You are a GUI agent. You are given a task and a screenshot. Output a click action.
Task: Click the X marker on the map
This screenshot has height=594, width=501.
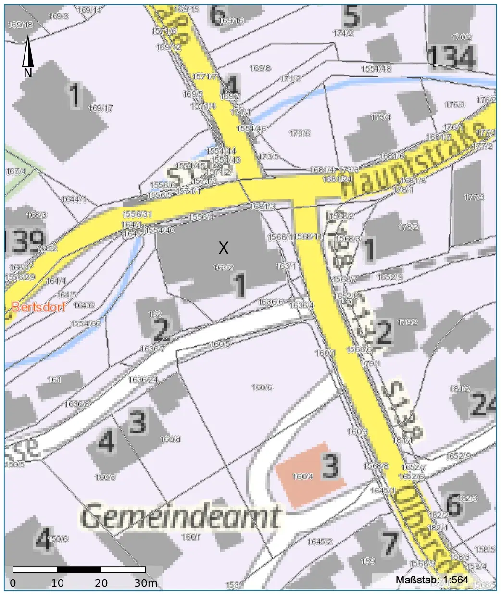coord(224,248)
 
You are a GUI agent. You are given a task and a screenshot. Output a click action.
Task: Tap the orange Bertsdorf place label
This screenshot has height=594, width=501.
coord(38,307)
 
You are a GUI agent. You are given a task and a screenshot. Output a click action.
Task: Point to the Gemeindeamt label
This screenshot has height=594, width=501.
coord(180,517)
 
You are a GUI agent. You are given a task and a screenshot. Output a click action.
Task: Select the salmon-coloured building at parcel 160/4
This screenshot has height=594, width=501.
coord(310,474)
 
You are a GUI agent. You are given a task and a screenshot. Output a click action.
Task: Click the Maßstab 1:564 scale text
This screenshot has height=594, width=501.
coord(432,580)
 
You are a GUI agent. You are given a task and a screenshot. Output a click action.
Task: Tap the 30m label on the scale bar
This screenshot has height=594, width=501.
coord(146,583)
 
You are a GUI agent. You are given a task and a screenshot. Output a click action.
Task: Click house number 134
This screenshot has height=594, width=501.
coord(451,57)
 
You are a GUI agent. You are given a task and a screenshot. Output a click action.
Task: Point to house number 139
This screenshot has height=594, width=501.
coord(24,241)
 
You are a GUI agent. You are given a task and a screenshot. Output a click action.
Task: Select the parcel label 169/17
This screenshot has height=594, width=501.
coord(101,108)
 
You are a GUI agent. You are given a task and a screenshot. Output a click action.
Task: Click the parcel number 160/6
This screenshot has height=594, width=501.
coord(262,387)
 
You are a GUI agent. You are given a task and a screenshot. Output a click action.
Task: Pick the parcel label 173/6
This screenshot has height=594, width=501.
coord(300,133)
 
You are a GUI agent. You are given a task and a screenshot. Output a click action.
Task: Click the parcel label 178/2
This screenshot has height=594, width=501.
coord(408,227)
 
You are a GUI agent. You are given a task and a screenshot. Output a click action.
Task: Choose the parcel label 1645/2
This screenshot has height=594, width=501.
coord(320,542)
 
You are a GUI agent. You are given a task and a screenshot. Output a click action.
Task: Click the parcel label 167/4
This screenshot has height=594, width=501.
coord(16,171)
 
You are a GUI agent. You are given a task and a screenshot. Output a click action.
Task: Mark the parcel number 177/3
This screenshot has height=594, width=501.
coord(474,197)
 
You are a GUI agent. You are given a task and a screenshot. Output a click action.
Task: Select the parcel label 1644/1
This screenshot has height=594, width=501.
coord(74,199)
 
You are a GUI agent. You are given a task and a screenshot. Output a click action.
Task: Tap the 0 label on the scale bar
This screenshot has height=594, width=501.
coord(13,583)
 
